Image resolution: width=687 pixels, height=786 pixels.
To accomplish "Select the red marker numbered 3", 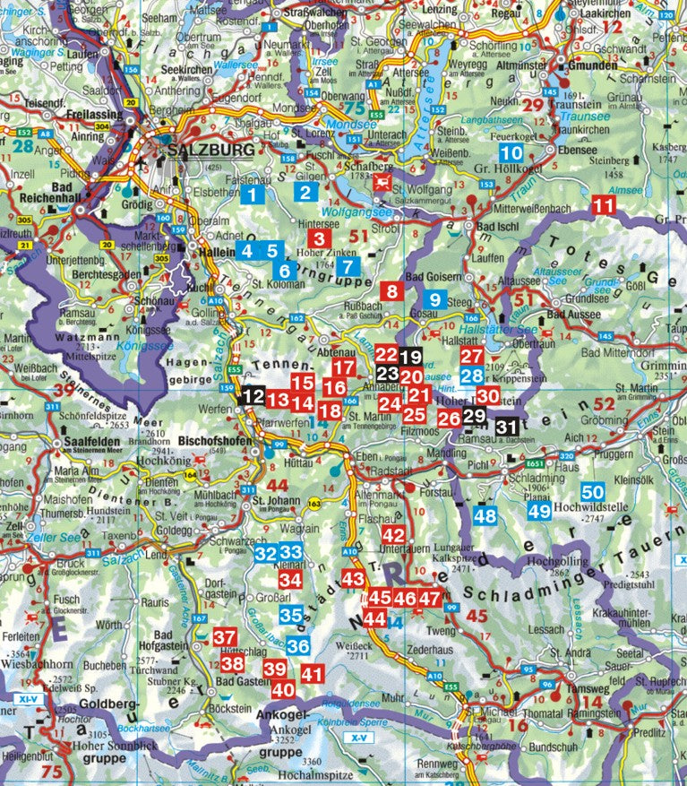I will pyautogui.click(x=318, y=238).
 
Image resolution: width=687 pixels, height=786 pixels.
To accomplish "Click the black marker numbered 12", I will pyautogui.click(x=253, y=395).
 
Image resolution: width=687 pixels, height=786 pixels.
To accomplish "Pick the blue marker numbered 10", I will pyautogui.click(x=513, y=139).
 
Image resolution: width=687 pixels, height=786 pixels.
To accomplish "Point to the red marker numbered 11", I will pyautogui.click(x=606, y=207).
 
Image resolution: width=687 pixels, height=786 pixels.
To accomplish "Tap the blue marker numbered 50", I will pyautogui.click(x=592, y=491).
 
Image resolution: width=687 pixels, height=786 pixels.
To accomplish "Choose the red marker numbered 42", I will pyautogui.click(x=394, y=534).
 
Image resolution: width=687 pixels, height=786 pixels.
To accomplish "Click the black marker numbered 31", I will pyautogui.click(x=507, y=427).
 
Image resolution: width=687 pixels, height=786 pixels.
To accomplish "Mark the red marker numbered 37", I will pyautogui.click(x=224, y=638).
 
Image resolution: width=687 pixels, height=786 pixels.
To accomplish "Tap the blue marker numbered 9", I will pyautogui.click(x=436, y=300).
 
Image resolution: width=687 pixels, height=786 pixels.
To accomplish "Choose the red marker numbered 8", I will pyautogui.click(x=391, y=290).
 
